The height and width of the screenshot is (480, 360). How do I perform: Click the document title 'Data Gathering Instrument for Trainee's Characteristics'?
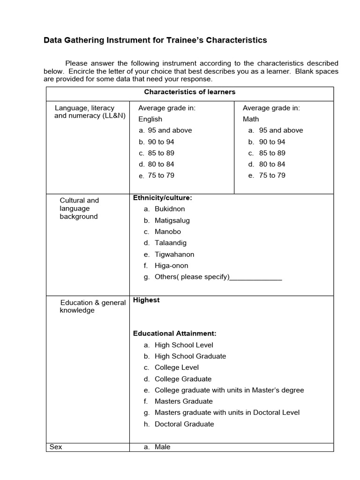point(155,40)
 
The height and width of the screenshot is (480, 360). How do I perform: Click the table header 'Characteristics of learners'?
point(189,92)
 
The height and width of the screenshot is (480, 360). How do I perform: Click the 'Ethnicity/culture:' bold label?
point(163,198)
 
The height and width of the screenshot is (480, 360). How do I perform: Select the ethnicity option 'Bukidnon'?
point(170,209)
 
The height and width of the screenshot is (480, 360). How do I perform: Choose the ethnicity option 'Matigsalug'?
point(172,220)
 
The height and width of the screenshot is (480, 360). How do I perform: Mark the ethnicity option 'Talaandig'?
point(171,243)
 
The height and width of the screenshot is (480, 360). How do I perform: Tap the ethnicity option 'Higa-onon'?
point(171,265)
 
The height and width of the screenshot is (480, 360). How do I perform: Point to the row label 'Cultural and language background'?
point(79,208)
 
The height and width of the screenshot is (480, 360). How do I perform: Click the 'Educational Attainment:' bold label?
point(175,334)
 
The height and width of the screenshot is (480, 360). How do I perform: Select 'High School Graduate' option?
point(190,356)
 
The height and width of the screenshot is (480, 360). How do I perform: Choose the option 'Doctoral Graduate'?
point(184,424)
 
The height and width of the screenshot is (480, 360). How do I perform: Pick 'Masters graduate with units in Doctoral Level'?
point(227,412)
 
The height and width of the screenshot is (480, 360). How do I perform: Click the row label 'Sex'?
point(56,447)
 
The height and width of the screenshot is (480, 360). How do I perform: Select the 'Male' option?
point(163,447)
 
